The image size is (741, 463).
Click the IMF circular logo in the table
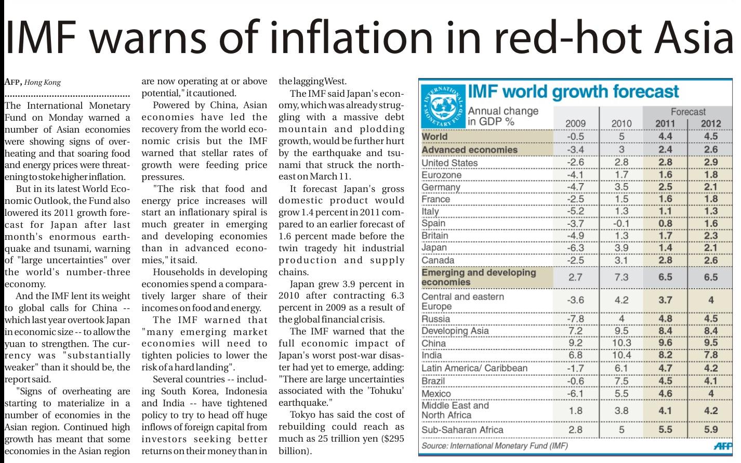click(x=442, y=106)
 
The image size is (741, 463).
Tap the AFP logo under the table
click(x=722, y=446)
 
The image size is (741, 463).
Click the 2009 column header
click(x=575, y=123)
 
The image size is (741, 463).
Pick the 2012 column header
click(x=710, y=123)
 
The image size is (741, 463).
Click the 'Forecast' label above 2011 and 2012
click(x=688, y=111)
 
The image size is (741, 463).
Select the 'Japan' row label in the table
click(x=434, y=248)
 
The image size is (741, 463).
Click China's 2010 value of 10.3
click(x=621, y=343)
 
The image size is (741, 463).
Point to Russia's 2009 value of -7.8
click(x=575, y=318)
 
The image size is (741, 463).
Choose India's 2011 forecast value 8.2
click(x=665, y=355)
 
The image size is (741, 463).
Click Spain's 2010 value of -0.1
click(x=621, y=223)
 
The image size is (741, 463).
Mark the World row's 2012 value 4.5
click(x=710, y=136)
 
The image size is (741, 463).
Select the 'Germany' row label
click(x=441, y=187)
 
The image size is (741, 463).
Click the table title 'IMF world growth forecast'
click(x=573, y=92)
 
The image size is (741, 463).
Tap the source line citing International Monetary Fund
click(x=495, y=446)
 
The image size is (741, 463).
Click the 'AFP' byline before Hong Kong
click(x=12, y=82)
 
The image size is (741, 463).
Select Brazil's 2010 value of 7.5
click(x=621, y=381)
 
